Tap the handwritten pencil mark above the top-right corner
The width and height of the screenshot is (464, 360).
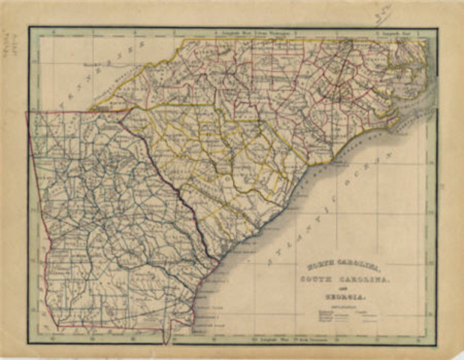[x=406, y=10]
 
